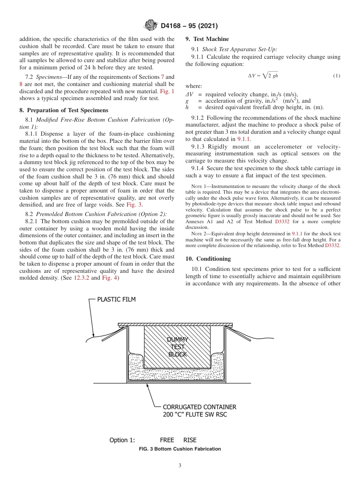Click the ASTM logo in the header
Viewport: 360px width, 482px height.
tap(151, 26)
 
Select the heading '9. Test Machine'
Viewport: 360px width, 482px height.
tap(207, 39)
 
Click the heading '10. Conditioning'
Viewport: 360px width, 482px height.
tap(208, 259)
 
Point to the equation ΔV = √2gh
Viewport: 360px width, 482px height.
tap(263, 75)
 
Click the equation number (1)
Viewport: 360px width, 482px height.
tap(337, 76)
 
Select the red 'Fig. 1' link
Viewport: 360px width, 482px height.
tap(167, 91)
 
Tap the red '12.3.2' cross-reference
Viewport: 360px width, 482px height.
tap(81, 278)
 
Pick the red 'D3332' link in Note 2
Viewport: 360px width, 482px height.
tap(332, 246)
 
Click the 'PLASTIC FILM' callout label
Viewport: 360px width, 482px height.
tap(116, 300)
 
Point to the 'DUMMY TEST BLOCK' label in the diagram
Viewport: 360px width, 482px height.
tap(177, 347)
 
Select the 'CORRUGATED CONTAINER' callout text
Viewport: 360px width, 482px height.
tap(199, 407)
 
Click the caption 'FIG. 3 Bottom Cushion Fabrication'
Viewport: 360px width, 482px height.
tap(180, 449)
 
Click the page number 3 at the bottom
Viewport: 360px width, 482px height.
tap(180, 466)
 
